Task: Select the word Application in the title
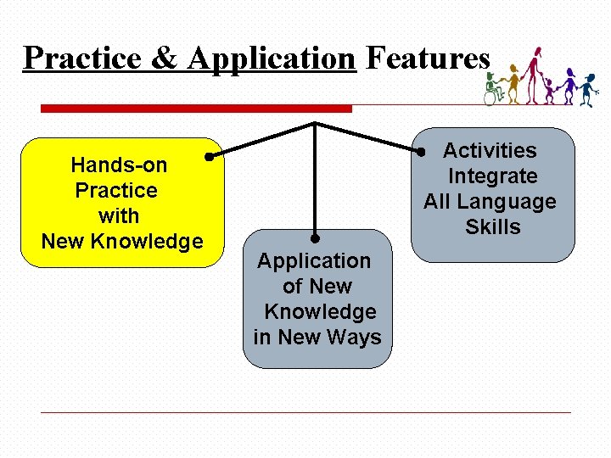click(271, 59)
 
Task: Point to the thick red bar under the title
click(196, 109)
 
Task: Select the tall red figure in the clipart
click(533, 74)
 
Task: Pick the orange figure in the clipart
click(513, 83)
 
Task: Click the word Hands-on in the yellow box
click(119, 165)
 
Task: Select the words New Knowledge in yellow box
click(122, 241)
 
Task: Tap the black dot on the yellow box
click(209, 156)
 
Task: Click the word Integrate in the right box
click(492, 176)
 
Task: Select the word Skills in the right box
click(492, 227)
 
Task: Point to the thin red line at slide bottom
click(305, 412)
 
